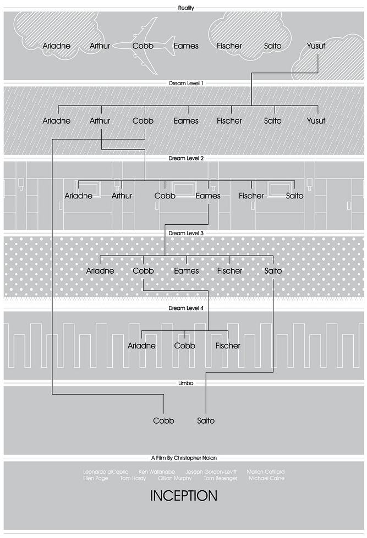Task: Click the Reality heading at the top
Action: click(x=186, y=8)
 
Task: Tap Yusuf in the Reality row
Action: click(x=315, y=46)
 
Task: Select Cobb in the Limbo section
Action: click(x=163, y=421)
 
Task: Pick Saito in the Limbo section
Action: click(x=206, y=421)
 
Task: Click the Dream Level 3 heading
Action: click(x=186, y=233)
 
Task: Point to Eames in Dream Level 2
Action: click(x=208, y=196)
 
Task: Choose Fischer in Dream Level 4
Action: click(x=228, y=346)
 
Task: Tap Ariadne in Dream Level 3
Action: click(x=100, y=271)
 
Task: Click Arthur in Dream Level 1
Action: click(x=100, y=121)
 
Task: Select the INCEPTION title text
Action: click(x=184, y=496)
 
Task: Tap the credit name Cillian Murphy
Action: click(x=175, y=479)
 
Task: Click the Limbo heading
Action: click(x=186, y=383)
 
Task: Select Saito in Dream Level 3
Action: click(x=273, y=271)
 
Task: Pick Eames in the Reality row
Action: click(x=186, y=46)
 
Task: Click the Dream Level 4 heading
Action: click(x=186, y=308)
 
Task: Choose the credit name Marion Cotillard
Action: click(x=266, y=472)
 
